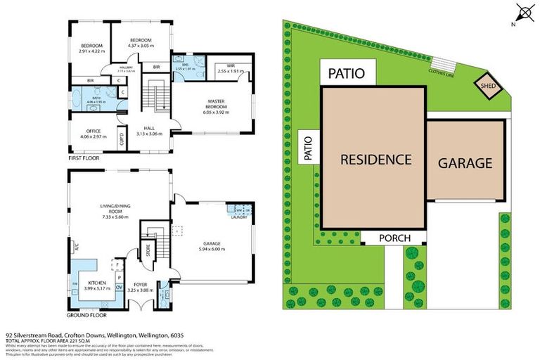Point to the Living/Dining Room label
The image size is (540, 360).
coord(117,210)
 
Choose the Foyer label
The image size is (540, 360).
coord(139,285)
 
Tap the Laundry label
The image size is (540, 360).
coord(238,218)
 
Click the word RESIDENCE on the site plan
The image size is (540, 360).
coord(375,159)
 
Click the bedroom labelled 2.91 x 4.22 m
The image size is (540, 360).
coord(92,48)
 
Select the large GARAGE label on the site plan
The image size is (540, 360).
coord(465,163)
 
